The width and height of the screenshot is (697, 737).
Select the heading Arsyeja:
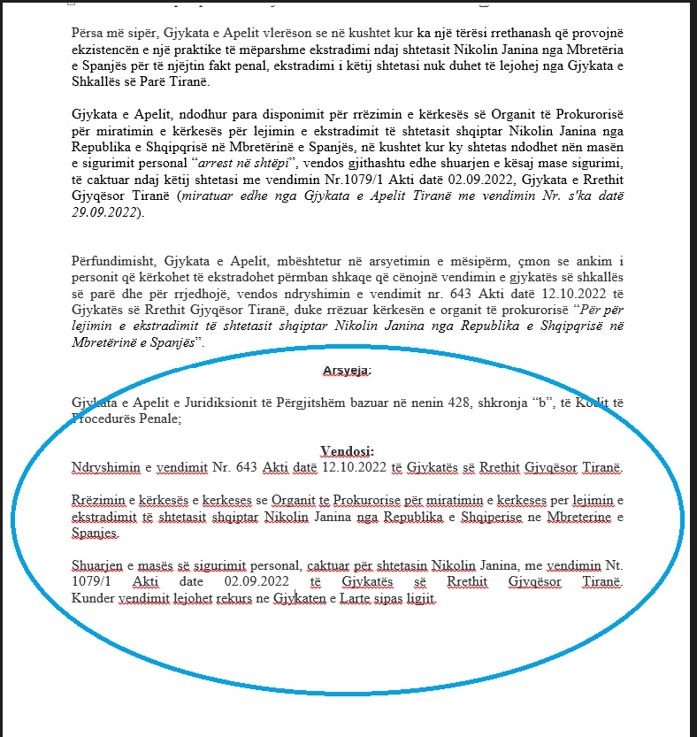(x=348, y=369)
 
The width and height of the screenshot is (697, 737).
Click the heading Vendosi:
(x=348, y=450)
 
